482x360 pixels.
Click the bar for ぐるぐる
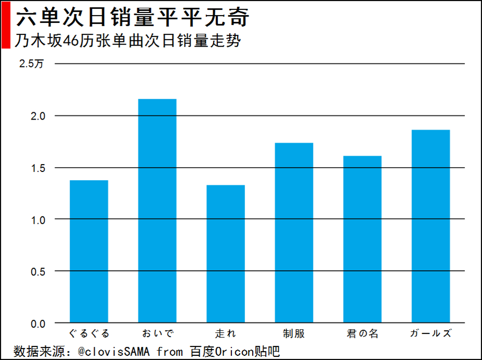pos(89,251)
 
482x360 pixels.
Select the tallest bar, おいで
pos(157,211)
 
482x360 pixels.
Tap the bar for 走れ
pos(226,254)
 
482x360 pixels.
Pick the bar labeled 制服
pos(294,233)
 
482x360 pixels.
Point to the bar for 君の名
pos(362,239)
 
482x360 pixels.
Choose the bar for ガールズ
pos(431,226)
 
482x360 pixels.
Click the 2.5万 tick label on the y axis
pos(31,64)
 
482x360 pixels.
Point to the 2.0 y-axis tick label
pos(38,116)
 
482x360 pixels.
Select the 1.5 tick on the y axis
pos(38,168)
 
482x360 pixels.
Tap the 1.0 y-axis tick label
pos(38,220)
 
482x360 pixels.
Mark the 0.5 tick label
pos(38,272)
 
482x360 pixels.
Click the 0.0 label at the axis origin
pos(38,324)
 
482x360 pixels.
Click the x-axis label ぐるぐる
pos(89,333)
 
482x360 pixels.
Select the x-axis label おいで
pos(158,333)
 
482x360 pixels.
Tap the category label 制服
pos(294,333)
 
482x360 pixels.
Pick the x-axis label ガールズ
pos(431,333)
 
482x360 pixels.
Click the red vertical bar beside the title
pos(6,25)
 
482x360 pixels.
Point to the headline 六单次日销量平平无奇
pos(133,17)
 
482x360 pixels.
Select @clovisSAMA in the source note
pos(113,352)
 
